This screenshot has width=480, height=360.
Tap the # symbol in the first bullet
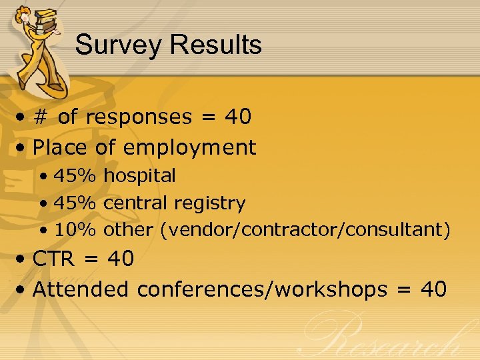tap(41, 117)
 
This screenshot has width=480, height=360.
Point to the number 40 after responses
tap(238, 117)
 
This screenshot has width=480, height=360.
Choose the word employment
tap(189, 147)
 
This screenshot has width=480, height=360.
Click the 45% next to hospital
tap(75, 176)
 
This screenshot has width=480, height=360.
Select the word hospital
tap(140, 176)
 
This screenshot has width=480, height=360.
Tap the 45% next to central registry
tap(75, 203)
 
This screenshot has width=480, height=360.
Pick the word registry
tap(213, 203)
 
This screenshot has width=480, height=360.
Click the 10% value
tap(75, 230)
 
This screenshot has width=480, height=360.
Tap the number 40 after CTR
tap(121, 259)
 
